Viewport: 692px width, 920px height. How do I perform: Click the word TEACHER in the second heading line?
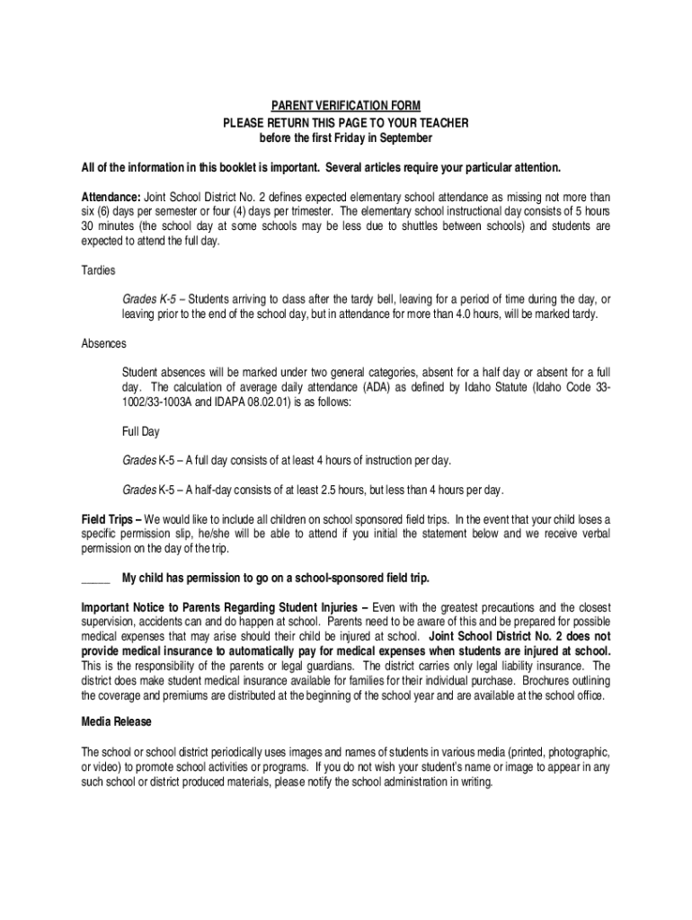[x=444, y=122]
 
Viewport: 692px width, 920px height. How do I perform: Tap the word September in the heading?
[x=406, y=138]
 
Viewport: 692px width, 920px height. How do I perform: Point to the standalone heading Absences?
[x=103, y=343]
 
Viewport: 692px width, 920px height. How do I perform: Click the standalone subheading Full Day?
[x=140, y=431]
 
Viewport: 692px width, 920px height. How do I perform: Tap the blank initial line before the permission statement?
[x=95, y=577]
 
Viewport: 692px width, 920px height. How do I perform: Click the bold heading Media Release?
[x=116, y=721]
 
